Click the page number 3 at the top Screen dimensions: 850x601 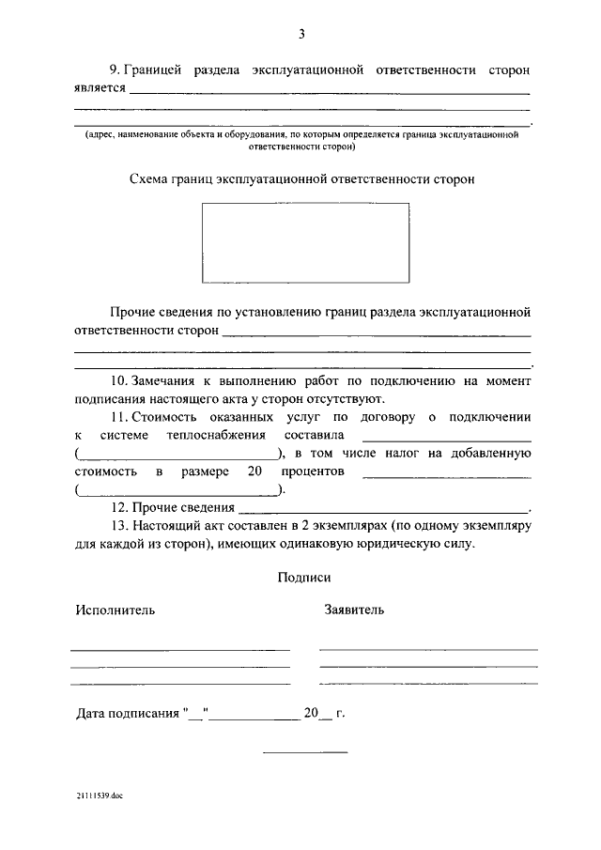click(301, 35)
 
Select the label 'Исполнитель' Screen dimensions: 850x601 click(116, 610)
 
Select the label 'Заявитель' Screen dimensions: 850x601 click(353, 610)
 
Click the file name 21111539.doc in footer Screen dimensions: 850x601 click(100, 796)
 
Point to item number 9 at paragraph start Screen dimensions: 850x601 click(116, 70)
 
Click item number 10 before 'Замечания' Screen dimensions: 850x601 click(118, 381)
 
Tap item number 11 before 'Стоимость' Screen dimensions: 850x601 click(118, 417)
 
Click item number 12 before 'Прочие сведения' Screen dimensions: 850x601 click(118, 507)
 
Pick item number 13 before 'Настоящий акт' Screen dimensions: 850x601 click(118, 525)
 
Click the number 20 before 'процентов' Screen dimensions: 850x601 click(254, 470)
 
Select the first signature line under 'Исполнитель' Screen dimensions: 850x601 click(180, 649)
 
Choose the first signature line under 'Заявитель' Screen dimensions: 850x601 click(428, 649)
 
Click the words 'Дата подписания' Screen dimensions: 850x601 click(127, 713)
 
